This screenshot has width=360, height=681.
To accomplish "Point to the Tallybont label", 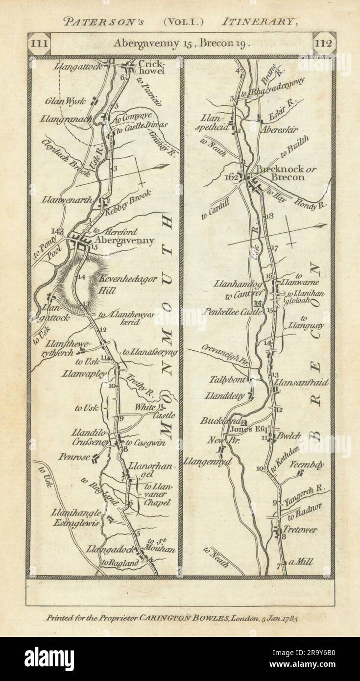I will tap(227, 379).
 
